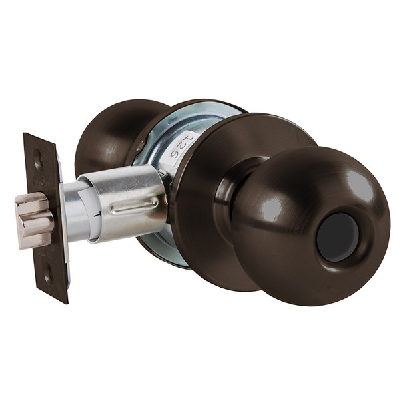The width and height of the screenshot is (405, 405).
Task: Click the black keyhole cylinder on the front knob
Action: click(337, 236)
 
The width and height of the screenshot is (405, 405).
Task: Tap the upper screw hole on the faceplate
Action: click(39, 161)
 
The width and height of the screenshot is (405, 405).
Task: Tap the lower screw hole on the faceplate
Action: click(47, 272)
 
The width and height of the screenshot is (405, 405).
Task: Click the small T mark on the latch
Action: click(98, 214)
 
